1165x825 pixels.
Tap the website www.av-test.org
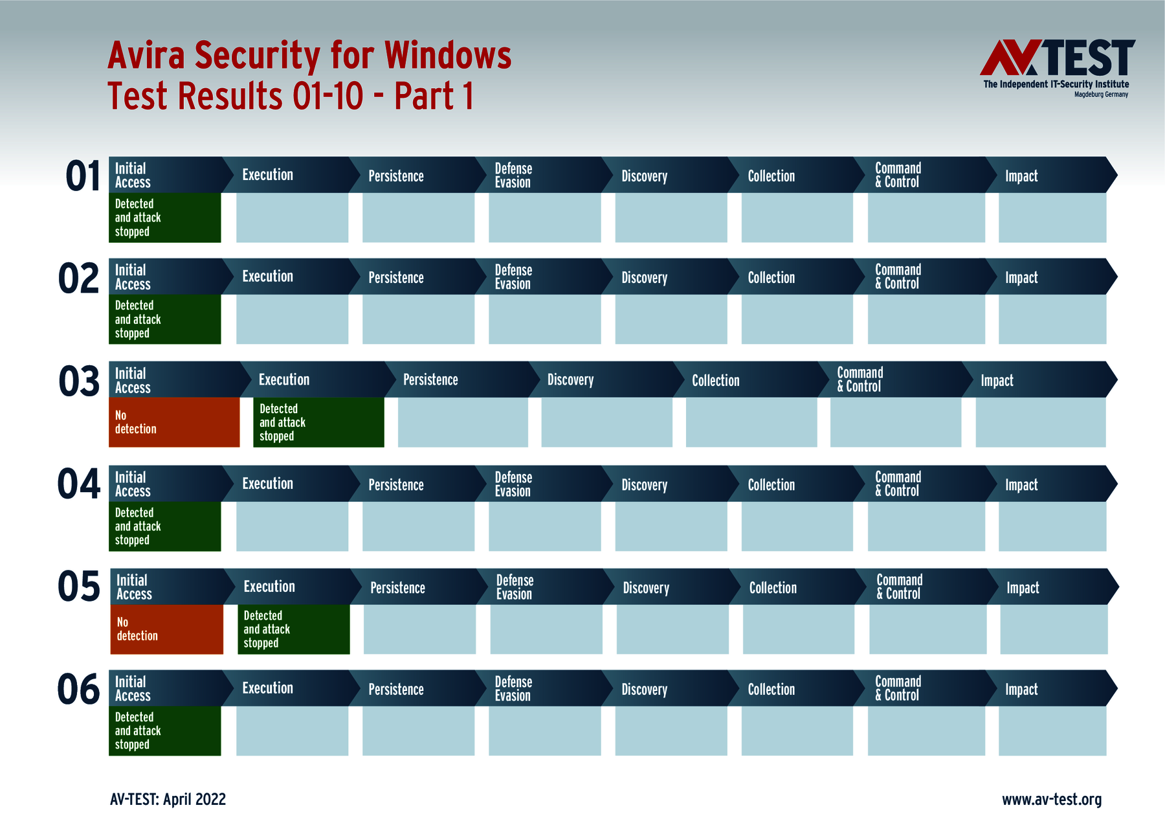[x=1051, y=799]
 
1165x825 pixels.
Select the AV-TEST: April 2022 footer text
[x=168, y=799]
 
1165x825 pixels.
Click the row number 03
[x=79, y=381]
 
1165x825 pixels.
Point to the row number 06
[x=79, y=689]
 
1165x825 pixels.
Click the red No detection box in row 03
[x=174, y=422]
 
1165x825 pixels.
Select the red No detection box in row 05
[x=166, y=629]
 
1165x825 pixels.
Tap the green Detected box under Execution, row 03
[x=318, y=422]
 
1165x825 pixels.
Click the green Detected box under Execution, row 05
[x=293, y=629]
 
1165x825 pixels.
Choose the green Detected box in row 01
[x=164, y=218]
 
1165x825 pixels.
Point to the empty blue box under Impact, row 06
[x=1052, y=730]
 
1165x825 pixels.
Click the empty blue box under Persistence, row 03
[x=463, y=422]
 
